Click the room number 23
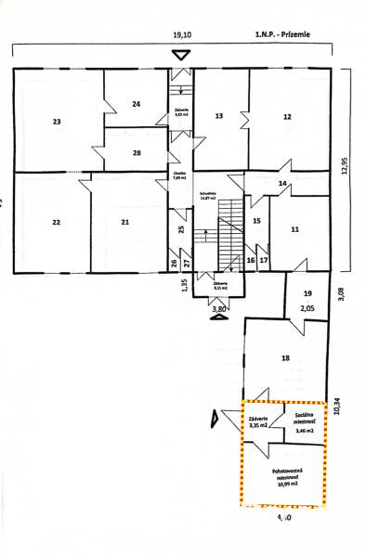pyautogui.click(x=58, y=122)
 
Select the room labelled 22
pyautogui.click(x=57, y=222)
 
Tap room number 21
pyautogui.click(x=124, y=222)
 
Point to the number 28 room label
pyautogui.click(x=137, y=152)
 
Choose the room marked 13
pyautogui.click(x=219, y=116)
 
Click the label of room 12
pyautogui.click(x=288, y=116)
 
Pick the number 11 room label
pyautogui.click(x=294, y=228)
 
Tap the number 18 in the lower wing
pyautogui.click(x=285, y=356)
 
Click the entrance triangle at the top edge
pyautogui.click(x=182, y=55)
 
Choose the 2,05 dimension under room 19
pyautogui.click(x=307, y=306)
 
